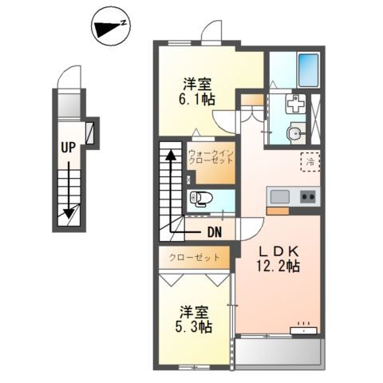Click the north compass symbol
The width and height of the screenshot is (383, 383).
tap(111, 26)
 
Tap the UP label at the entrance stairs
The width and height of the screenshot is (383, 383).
tap(69, 147)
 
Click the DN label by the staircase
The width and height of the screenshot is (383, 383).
tap(215, 232)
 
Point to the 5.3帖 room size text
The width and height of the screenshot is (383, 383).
tap(194, 326)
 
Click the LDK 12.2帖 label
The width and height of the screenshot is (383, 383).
tap(278, 259)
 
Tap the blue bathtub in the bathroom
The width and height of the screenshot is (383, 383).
tap(308, 70)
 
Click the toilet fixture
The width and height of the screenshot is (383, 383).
tap(201, 199)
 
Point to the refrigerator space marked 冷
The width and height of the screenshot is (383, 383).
tap(310, 162)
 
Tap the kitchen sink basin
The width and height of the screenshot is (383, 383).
tap(280, 197)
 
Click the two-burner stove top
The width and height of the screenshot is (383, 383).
tap(308, 197)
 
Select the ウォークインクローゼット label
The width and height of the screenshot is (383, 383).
tap(211, 157)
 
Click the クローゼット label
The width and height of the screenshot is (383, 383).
tap(195, 258)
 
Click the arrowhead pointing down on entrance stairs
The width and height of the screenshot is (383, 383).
tap(69, 213)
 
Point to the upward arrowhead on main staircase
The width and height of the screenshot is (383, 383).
tap(171, 155)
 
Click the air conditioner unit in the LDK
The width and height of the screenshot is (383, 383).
tap(303, 330)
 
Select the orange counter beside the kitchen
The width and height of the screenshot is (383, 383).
tap(278, 211)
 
